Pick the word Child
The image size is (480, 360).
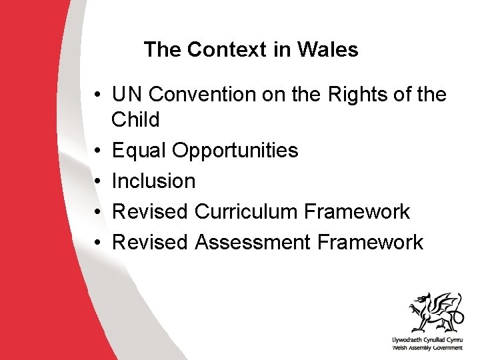[x=136, y=120]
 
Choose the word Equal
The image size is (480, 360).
[x=139, y=151]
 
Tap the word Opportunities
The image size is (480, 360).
[x=235, y=151]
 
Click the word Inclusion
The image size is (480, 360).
[x=154, y=181]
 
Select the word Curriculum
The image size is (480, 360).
[x=245, y=211]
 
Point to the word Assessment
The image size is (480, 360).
[x=253, y=242]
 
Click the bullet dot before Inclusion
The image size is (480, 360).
[x=97, y=181]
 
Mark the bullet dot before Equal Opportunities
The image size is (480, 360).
[x=97, y=151]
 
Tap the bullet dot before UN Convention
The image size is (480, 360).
[x=97, y=95]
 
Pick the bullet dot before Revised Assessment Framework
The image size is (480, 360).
[x=97, y=243]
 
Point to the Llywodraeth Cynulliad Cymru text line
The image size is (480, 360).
[x=427, y=340]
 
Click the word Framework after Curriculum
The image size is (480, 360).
[x=357, y=211]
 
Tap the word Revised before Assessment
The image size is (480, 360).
[x=150, y=242]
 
